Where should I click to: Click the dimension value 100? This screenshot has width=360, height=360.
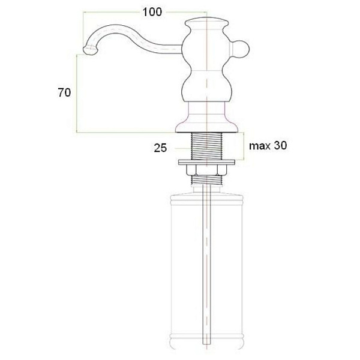(x=152, y=12)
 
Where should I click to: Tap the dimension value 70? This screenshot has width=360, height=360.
(x=64, y=93)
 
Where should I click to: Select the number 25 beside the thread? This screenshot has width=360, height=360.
(x=160, y=148)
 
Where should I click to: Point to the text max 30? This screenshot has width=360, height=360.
(x=268, y=146)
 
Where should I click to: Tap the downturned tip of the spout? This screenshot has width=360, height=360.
(x=89, y=50)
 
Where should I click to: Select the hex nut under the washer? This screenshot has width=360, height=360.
(x=206, y=170)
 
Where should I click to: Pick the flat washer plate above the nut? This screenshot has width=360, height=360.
(x=206, y=163)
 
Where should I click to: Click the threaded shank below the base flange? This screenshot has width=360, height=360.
(x=206, y=146)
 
